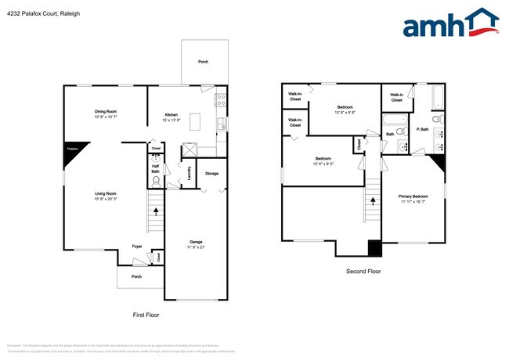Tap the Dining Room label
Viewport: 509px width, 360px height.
(106, 112)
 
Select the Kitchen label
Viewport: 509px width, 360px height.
(170, 114)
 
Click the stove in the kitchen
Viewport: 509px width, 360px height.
(222, 100)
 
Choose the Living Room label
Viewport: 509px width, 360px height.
(106, 193)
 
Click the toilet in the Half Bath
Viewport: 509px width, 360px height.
(156, 179)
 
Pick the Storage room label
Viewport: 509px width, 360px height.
(211, 173)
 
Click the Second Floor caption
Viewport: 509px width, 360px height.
(364, 272)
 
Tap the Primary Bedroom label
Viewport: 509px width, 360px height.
(413, 196)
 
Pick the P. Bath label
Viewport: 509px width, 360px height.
(422, 129)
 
